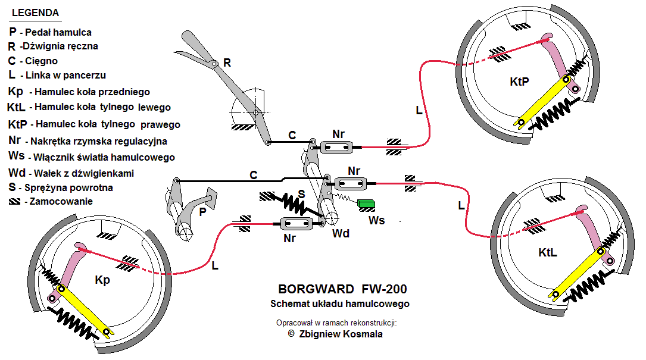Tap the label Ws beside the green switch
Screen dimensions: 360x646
click(x=376, y=221)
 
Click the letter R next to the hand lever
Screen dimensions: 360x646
click(x=227, y=62)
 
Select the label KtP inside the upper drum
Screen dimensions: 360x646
click(x=519, y=82)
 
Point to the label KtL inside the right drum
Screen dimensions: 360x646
click(x=547, y=253)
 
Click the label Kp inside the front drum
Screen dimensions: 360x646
click(x=102, y=280)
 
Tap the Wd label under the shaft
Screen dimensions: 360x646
click(x=341, y=233)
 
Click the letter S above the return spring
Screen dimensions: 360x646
click(x=302, y=193)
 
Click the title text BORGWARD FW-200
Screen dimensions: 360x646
click(x=342, y=290)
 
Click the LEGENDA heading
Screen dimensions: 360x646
click(x=36, y=12)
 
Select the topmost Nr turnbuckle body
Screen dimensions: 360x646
click(x=338, y=147)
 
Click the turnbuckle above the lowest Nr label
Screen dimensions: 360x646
click(x=296, y=224)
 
